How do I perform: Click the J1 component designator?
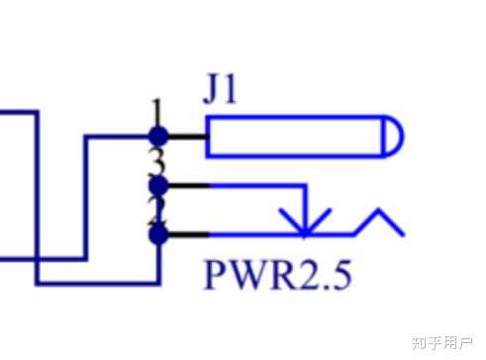tap(220, 91)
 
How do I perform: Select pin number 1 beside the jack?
tap(155, 108)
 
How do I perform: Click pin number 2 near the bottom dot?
tap(155, 210)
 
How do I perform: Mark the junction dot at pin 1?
tap(156, 135)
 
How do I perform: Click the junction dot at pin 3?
tap(156, 185)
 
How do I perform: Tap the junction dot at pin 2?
tap(156, 234)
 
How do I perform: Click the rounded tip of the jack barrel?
tap(392, 136)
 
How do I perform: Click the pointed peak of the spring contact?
tap(380, 212)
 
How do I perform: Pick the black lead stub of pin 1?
tap(185, 135)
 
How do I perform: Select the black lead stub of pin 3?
tap(185, 185)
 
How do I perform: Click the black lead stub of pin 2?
tap(185, 234)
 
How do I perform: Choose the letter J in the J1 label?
tap(212, 91)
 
